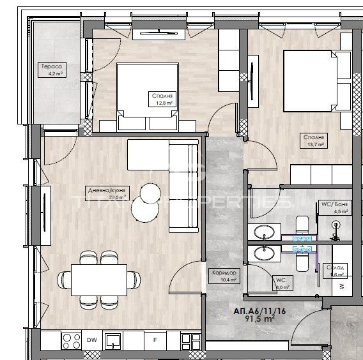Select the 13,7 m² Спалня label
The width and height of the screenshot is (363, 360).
coord(314,141)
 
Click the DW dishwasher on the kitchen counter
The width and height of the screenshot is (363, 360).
coord(92,340)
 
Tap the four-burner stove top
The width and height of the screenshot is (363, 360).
coord(70,340)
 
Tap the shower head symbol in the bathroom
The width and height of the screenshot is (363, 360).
coord(336,224)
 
